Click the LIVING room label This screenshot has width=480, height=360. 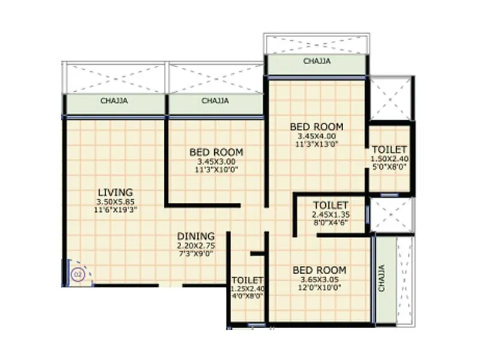point(115,193)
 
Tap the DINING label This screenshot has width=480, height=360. point(196,236)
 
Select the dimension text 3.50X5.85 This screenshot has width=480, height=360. point(115,202)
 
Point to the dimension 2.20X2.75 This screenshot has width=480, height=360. point(196,245)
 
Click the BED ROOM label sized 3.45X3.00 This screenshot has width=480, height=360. point(216,152)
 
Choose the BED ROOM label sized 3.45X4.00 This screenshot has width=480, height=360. point(316,127)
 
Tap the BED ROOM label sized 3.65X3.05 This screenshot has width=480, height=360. point(319,270)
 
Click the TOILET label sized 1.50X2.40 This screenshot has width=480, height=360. point(389,149)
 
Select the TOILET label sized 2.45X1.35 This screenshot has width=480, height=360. point(331,205)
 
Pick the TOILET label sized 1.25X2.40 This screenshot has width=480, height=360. point(248,280)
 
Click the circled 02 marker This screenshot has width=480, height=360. point(77,275)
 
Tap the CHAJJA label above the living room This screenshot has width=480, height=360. point(114,101)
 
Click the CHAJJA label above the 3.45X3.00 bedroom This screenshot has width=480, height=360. point(215,101)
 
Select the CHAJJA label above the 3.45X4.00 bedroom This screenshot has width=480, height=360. point(316,61)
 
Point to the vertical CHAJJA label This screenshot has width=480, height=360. point(382,279)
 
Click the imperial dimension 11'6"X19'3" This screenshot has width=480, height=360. point(115,210)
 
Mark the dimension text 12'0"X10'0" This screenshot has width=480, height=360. point(319,287)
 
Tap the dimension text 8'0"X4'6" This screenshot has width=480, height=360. point(331,222)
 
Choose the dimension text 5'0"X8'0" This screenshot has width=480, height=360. point(389,167)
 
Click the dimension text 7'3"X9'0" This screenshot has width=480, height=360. point(196,254)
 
